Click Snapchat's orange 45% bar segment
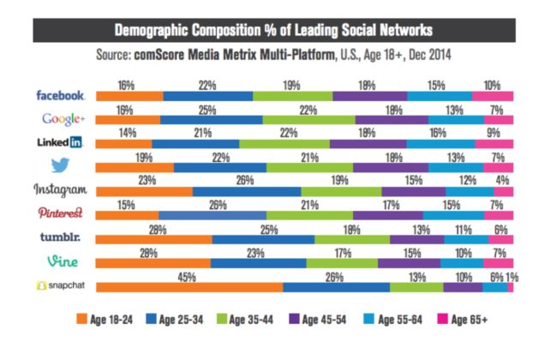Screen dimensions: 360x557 point(189,288)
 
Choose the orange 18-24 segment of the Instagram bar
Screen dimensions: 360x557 point(144,192)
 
